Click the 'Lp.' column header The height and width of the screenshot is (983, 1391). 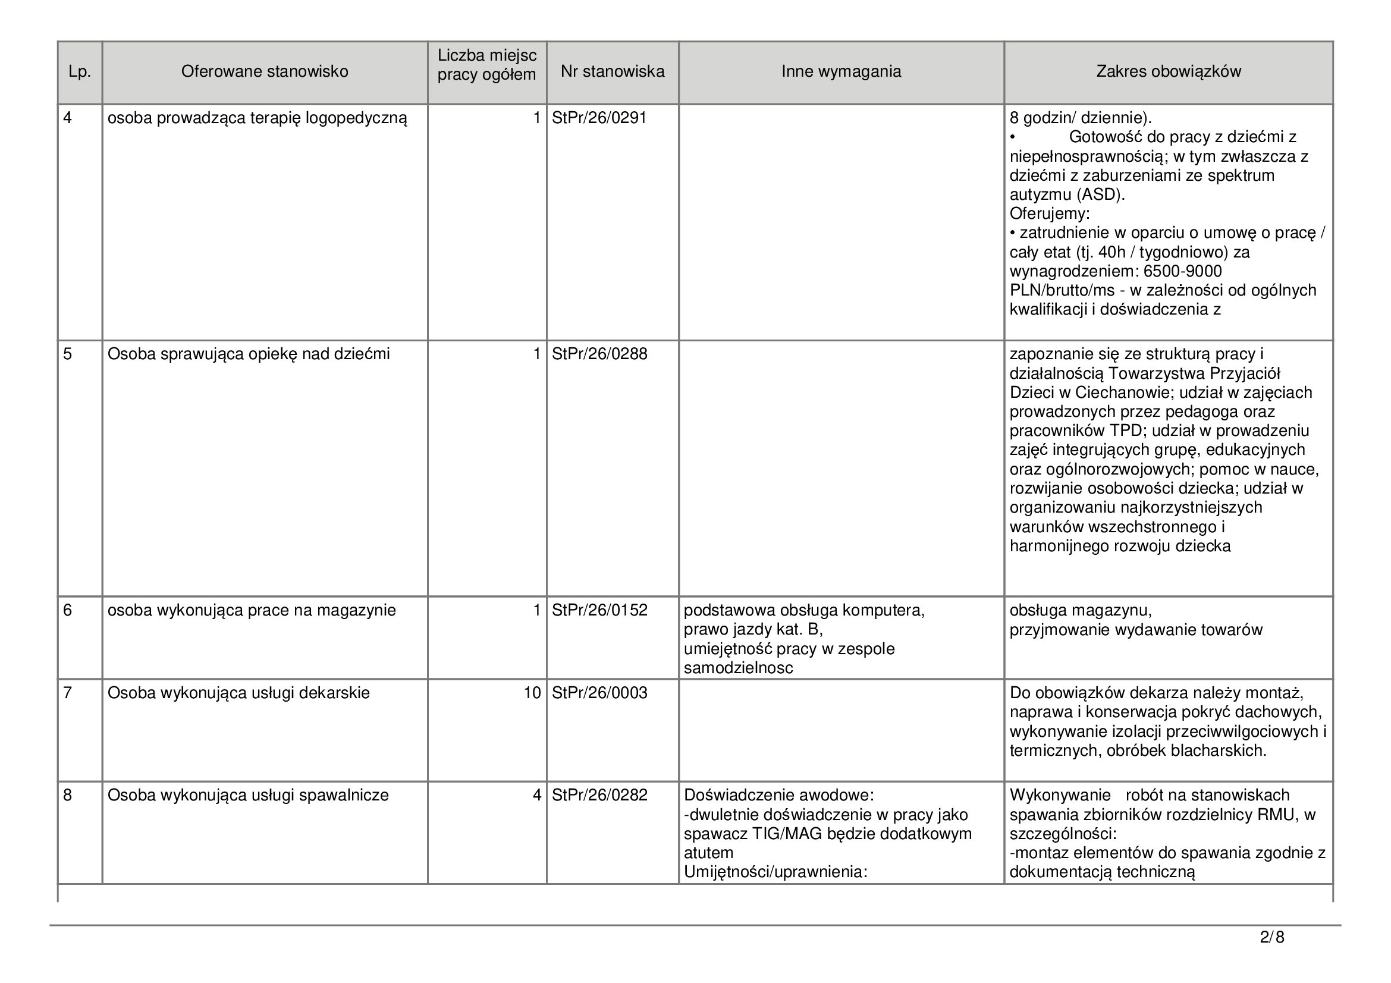click(79, 72)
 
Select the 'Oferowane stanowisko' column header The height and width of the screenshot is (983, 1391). click(265, 72)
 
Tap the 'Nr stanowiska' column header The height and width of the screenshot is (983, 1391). click(612, 72)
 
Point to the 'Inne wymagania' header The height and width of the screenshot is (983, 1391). click(841, 72)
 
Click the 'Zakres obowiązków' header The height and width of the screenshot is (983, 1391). click(1168, 72)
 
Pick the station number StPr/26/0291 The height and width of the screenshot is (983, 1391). click(599, 118)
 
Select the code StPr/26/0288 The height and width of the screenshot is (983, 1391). click(599, 354)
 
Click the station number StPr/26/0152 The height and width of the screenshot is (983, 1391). click(599, 611)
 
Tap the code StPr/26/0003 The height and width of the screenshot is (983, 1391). click(599, 693)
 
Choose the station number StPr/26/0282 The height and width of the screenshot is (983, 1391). click(599, 795)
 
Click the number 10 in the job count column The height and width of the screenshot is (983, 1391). click(532, 693)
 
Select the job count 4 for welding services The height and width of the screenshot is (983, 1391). click(536, 795)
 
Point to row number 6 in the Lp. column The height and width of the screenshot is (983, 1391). click(68, 611)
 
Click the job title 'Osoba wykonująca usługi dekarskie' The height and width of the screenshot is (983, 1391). click(238, 693)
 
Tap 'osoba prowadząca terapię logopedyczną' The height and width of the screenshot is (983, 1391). click(258, 118)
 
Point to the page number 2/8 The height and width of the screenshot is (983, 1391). click(1271, 938)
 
